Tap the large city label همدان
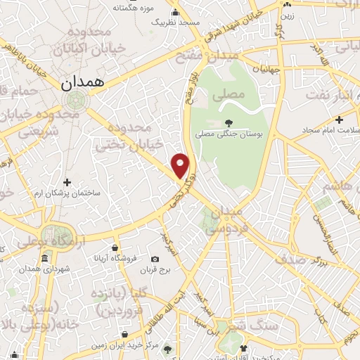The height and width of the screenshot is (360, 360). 82,82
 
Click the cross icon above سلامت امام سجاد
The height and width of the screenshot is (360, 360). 339,120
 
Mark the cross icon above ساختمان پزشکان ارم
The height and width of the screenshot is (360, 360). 67,182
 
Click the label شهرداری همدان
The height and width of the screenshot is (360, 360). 47,269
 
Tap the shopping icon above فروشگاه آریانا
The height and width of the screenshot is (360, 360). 115,247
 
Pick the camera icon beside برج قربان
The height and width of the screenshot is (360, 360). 155,259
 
